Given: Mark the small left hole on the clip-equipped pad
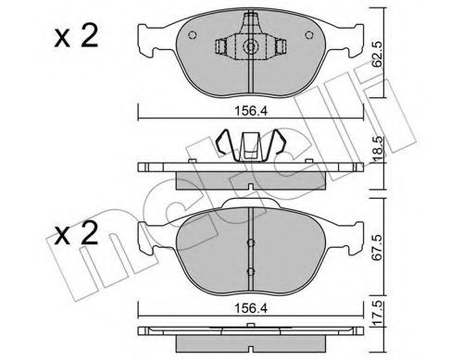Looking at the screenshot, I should click(190, 38).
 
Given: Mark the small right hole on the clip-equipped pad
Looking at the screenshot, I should click(306, 38).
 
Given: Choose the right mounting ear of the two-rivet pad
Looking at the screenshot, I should click(350, 239).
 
